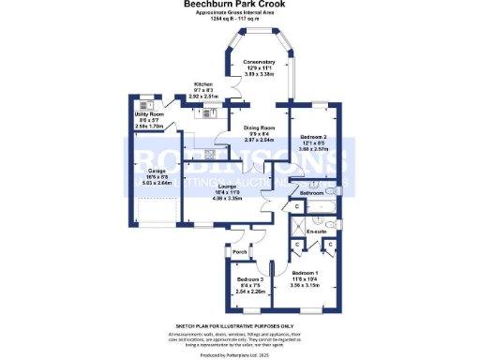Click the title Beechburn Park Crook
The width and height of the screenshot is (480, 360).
[239, 5]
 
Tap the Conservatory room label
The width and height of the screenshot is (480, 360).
[258, 62]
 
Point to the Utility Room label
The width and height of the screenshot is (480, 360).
[149, 115]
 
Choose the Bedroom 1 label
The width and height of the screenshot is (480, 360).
[309, 274]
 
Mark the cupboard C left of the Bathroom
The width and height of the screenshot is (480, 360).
[296, 205]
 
